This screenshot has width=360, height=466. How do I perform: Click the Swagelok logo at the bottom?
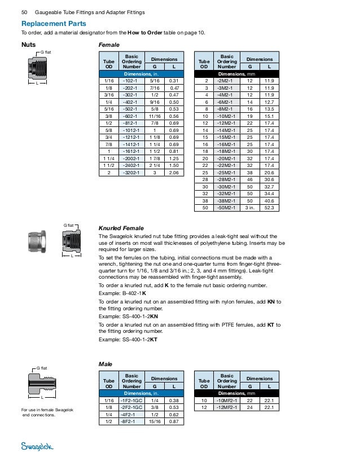point(38,447)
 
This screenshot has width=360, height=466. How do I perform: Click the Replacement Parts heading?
point(54,24)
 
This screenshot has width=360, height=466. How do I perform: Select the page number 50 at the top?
point(24,12)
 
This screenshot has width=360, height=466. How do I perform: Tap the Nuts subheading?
point(28,43)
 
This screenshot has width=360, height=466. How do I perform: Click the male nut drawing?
point(42,384)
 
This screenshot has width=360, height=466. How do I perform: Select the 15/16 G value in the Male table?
point(153,421)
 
